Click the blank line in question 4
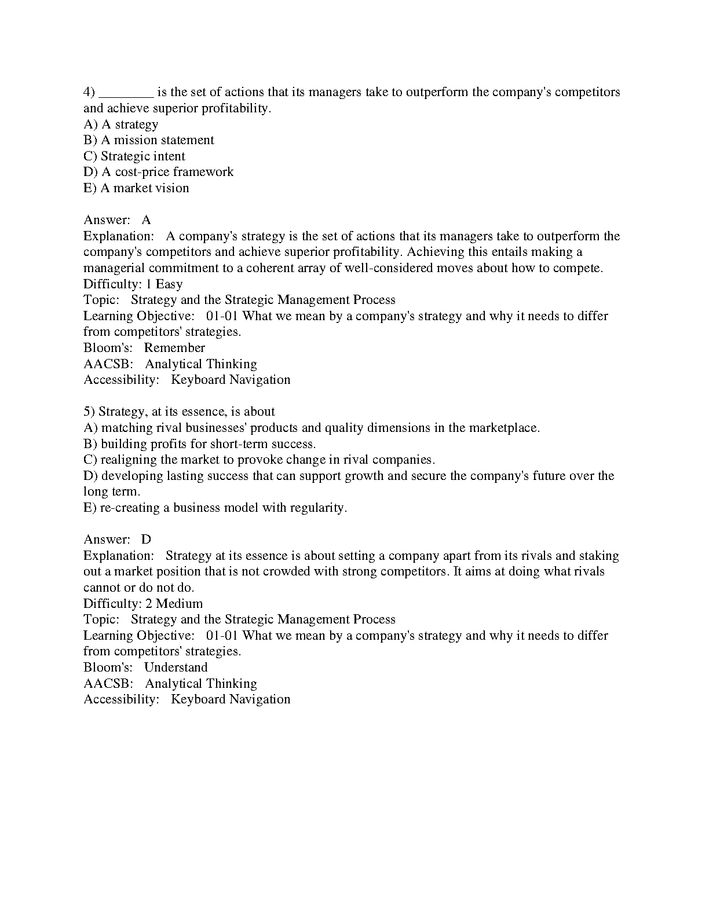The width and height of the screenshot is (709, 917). point(126,93)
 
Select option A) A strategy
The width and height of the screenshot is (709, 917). point(120,124)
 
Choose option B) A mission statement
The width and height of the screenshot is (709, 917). point(148,140)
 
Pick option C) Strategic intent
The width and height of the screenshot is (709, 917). point(134,156)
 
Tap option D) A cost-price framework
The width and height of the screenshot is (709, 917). point(158,172)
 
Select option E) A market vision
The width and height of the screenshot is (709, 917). point(136,188)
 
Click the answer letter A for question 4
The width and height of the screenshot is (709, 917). point(146,220)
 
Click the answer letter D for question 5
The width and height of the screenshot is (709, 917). point(146,540)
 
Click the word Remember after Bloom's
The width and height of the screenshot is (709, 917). point(174,348)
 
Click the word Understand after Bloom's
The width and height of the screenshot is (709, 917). point(176,667)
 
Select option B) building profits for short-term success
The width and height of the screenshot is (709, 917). point(199,444)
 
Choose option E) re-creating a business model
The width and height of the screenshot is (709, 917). point(215,508)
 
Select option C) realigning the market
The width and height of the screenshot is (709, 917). point(259,460)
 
